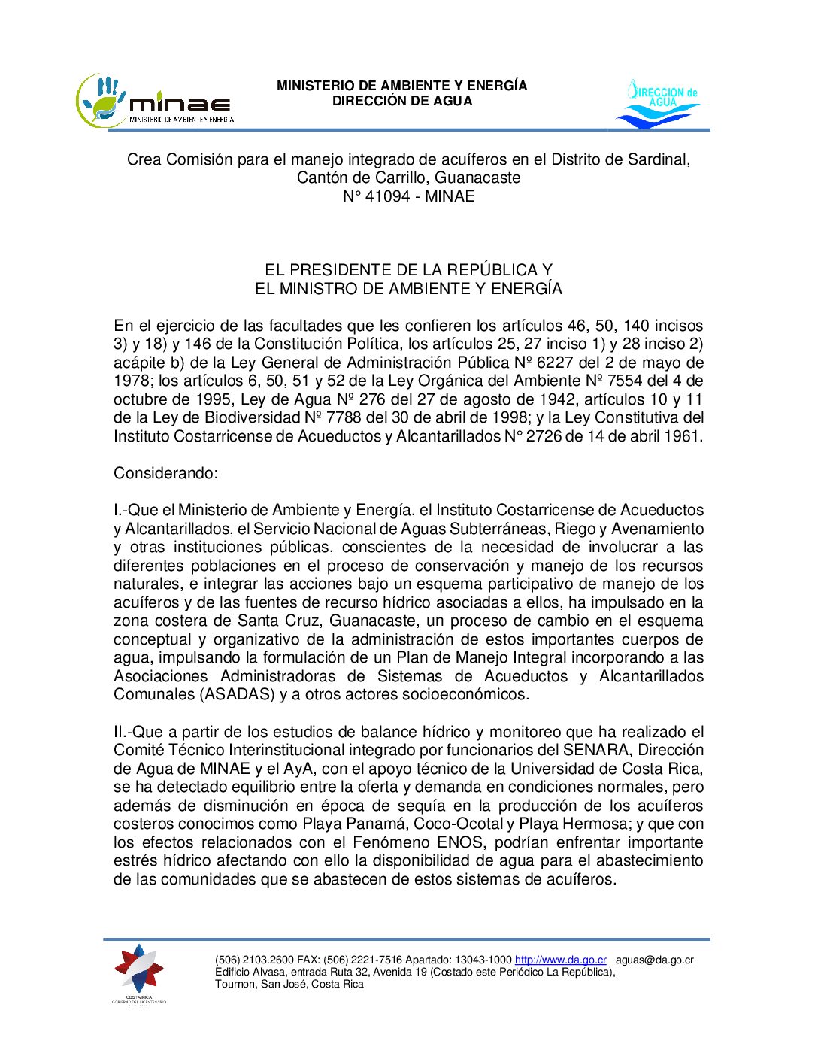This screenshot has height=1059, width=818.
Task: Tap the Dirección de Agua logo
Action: [658, 104]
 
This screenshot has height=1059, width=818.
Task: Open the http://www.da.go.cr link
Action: [560, 960]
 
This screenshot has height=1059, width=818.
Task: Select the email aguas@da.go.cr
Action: [654, 960]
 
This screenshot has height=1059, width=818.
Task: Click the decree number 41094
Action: [387, 196]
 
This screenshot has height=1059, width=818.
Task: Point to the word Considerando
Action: [165, 473]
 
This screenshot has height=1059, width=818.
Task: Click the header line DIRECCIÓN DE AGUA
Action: [402, 101]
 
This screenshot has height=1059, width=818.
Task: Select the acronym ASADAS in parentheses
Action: [238, 694]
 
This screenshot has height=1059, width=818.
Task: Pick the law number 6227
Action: [555, 363]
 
